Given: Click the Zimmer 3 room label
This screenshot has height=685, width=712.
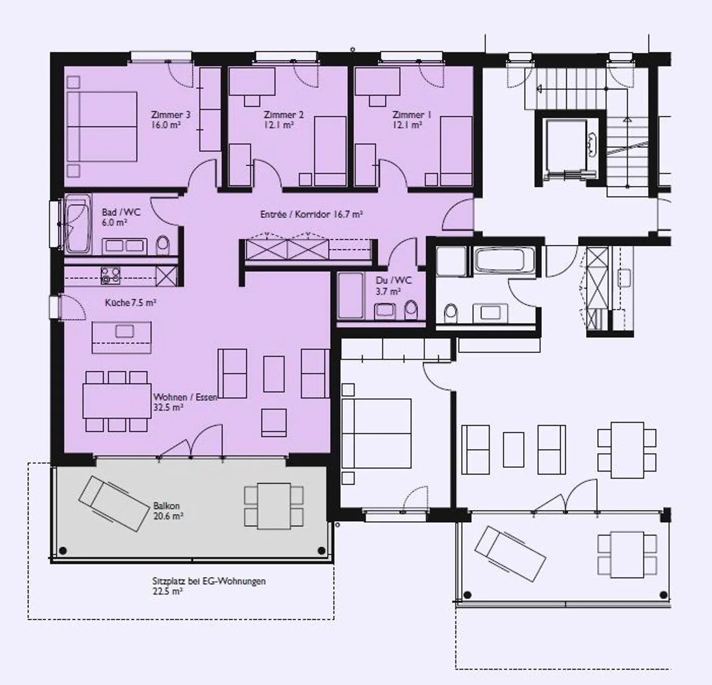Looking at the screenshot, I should (x=171, y=115).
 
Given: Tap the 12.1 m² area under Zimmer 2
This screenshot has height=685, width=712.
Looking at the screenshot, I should (x=279, y=126).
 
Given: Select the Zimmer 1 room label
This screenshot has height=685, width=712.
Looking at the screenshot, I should (x=411, y=115).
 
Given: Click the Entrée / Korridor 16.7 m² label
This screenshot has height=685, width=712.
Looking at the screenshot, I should (x=311, y=215).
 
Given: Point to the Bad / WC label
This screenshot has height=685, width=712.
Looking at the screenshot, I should (x=121, y=212).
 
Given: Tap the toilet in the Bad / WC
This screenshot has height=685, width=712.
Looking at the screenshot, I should (x=162, y=245).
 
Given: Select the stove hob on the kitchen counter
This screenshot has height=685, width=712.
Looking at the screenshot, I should (x=110, y=275).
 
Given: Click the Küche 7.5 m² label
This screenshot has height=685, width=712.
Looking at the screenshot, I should (x=131, y=302).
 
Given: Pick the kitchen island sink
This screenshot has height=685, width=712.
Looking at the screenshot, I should (x=124, y=331).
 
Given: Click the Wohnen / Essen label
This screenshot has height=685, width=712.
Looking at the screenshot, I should (x=185, y=397).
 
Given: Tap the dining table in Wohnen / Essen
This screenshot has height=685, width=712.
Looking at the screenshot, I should (x=117, y=401).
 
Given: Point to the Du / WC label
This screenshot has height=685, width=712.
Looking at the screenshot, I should (x=393, y=280).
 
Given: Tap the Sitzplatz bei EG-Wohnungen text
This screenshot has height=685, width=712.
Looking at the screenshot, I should (x=209, y=581).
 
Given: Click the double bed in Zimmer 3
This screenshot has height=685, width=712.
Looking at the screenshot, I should (x=102, y=127).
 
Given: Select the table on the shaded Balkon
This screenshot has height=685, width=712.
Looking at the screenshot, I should (x=274, y=505).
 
